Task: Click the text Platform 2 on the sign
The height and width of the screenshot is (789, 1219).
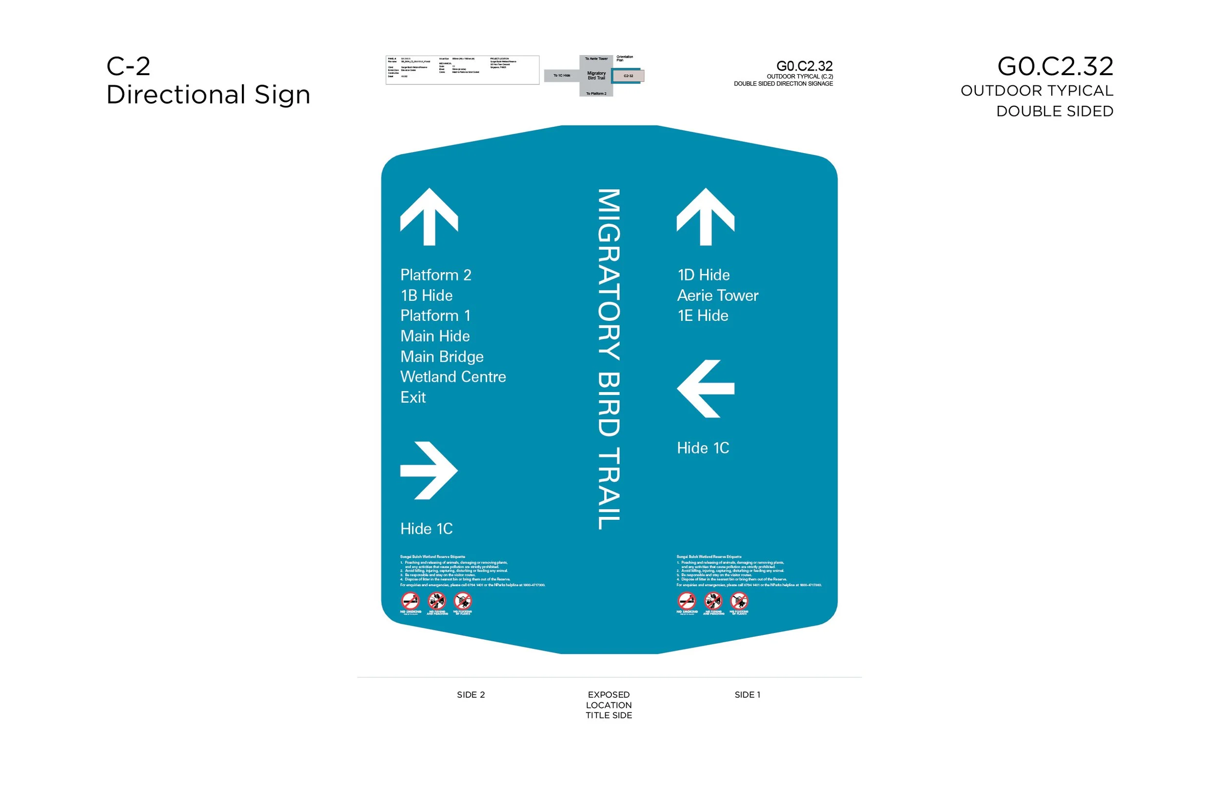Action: pyautogui.click(x=435, y=275)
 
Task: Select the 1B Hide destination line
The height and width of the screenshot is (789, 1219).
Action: pyautogui.click(x=426, y=296)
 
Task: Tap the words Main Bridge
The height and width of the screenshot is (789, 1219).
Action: pyautogui.click(x=441, y=356)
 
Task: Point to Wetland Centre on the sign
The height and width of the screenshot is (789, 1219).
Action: pyautogui.click(x=453, y=377)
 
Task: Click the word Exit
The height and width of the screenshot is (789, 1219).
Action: pyautogui.click(x=413, y=397)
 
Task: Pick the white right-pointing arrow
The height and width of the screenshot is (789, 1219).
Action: pyautogui.click(x=429, y=470)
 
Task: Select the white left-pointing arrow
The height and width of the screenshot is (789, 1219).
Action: pyautogui.click(x=705, y=389)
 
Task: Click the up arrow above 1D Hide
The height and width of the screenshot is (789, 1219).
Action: pyautogui.click(x=705, y=217)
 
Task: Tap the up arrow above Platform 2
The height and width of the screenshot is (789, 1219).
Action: pyautogui.click(x=429, y=217)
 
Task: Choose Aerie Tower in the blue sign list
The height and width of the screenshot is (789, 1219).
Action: pyautogui.click(x=717, y=296)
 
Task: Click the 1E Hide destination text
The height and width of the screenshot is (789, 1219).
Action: pyautogui.click(x=702, y=316)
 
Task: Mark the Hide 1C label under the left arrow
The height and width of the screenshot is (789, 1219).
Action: pyautogui.click(x=703, y=448)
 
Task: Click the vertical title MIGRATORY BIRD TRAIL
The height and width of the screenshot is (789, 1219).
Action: pyautogui.click(x=609, y=358)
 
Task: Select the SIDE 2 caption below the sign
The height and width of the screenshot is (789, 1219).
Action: pyautogui.click(x=471, y=695)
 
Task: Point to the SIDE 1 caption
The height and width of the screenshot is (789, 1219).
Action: pyautogui.click(x=747, y=695)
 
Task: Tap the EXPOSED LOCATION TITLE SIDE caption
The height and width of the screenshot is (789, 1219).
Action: pyautogui.click(x=609, y=705)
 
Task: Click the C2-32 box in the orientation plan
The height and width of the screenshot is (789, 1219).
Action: pyautogui.click(x=629, y=76)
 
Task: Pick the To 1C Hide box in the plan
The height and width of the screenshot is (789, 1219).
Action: pyautogui.click(x=561, y=76)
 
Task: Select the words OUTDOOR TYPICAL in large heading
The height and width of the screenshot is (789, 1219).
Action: pyautogui.click(x=1037, y=91)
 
